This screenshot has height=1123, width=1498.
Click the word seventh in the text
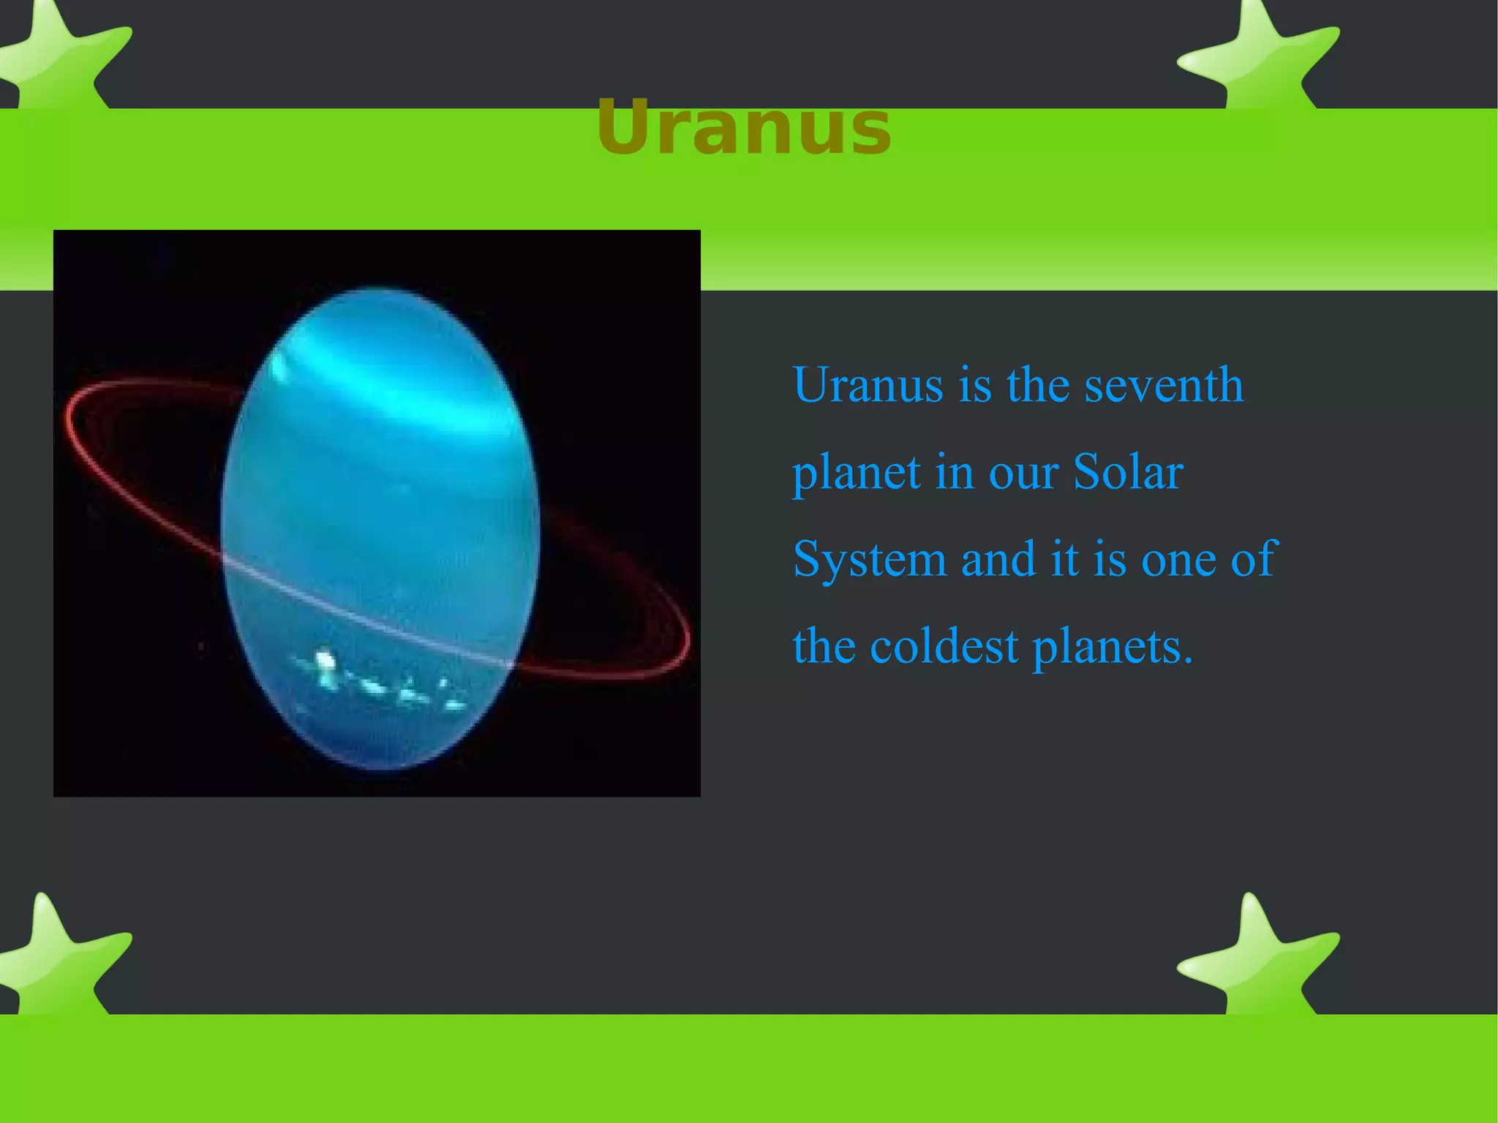(x=1163, y=386)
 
